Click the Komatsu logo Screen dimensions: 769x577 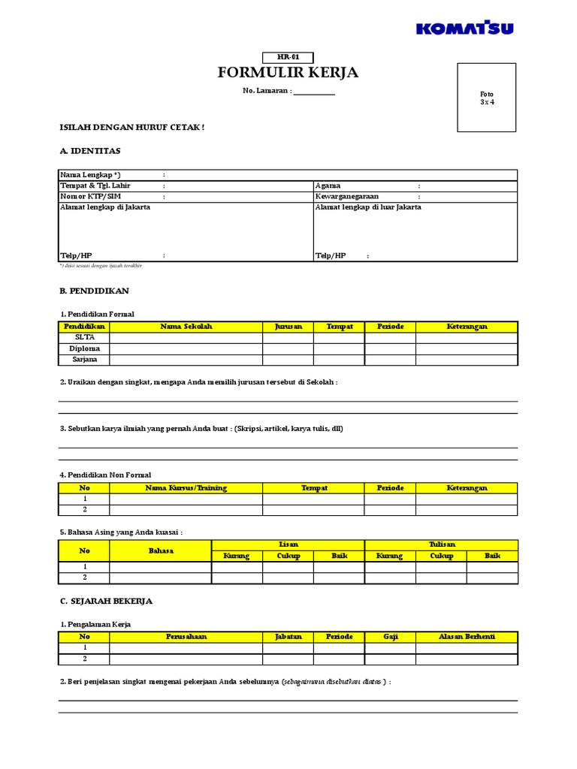tap(465, 29)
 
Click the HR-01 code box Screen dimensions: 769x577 tap(288, 58)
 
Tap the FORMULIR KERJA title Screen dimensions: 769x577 tap(288, 73)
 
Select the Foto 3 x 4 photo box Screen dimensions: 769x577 tap(487, 98)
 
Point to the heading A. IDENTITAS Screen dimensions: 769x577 tap(90, 151)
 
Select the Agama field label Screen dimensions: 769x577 tap(328, 185)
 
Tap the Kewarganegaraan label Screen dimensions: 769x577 tap(347, 197)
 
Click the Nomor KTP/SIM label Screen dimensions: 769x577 tap(91, 197)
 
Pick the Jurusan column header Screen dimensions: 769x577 tap(288, 327)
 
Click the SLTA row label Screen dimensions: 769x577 tap(83, 338)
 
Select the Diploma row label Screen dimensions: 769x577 tap(83, 348)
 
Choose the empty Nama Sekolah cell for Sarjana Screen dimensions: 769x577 tap(186, 360)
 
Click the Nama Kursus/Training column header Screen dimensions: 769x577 tap(186, 488)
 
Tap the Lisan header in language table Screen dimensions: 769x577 tap(288, 544)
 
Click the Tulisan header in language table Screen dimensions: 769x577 tap(441, 544)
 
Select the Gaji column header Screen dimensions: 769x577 tap(390, 637)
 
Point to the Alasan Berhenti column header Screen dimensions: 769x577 tap(467, 637)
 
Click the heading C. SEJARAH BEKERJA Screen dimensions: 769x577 tap(106, 602)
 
